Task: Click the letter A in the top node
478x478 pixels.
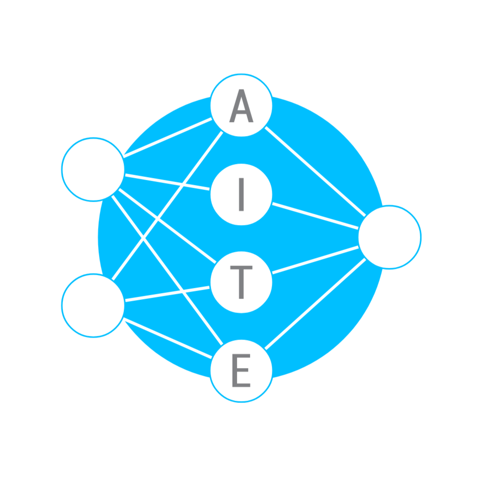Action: coord(241,106)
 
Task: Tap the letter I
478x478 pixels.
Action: coord(241,194)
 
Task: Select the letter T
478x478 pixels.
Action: coord(241,282)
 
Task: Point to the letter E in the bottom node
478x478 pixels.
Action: coord(241,370)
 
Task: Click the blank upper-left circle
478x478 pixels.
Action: coord(93,170)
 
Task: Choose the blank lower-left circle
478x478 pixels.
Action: coord(93,306)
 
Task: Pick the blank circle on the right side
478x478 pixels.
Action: coord(389,237)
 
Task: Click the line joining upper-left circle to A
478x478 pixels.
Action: coord(168,137)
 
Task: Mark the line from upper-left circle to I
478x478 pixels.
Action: coord(167,182)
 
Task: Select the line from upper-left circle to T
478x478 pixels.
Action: coord(167,225)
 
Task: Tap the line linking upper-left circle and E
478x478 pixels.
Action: coord(167,270)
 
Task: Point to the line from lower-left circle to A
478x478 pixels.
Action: coord(167,205)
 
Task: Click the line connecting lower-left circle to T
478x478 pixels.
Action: coord(167,294)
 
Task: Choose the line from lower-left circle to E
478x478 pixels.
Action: coord(168,338)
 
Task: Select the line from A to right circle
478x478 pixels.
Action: coord(315,171)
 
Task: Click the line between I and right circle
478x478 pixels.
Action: coord(315,216)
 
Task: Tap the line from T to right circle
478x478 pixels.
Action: coord(315,259)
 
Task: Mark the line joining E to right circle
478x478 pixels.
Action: coord(315,304)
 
